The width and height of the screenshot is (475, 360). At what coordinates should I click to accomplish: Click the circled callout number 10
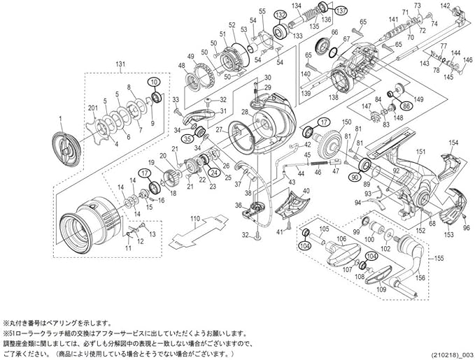click(x=153, y=83)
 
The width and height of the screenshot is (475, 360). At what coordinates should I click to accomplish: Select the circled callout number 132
click(x=281, y=15)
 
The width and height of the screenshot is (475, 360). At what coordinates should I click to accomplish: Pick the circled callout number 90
click(x=355, y=178)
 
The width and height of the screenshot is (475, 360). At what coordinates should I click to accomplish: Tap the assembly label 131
click(x=120, y=64)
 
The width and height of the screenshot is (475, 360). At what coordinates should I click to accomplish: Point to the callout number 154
click(x=453, y=142)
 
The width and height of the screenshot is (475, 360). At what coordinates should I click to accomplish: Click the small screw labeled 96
click(x=467, y=217)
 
